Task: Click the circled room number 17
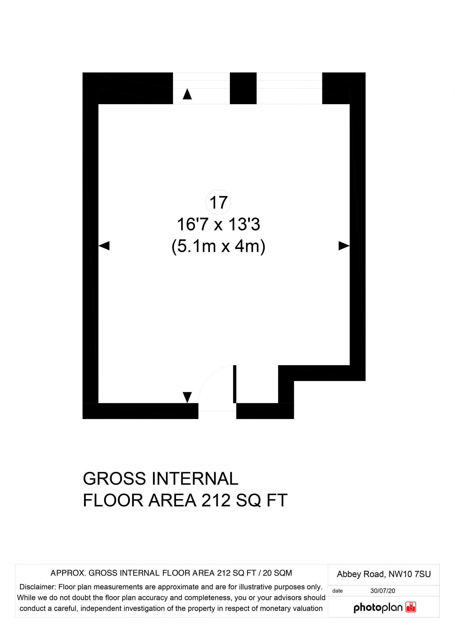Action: (218, 203)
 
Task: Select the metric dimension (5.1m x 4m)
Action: (218, 247)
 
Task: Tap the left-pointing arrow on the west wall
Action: (104, 246)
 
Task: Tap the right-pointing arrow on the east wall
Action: (344, 246)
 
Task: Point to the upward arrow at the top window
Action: (187, 94)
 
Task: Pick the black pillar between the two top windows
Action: (243, 88)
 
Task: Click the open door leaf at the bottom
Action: (235, 384)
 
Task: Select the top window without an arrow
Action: (289, 88)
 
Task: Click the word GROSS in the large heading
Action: (115, 479)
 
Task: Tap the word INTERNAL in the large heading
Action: (195, 479)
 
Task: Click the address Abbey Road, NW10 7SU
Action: (384, 574)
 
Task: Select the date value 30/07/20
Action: (383, 591)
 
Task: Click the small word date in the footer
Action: (338, 591)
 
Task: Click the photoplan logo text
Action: (378, 608)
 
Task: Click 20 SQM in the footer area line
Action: (277, 573)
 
